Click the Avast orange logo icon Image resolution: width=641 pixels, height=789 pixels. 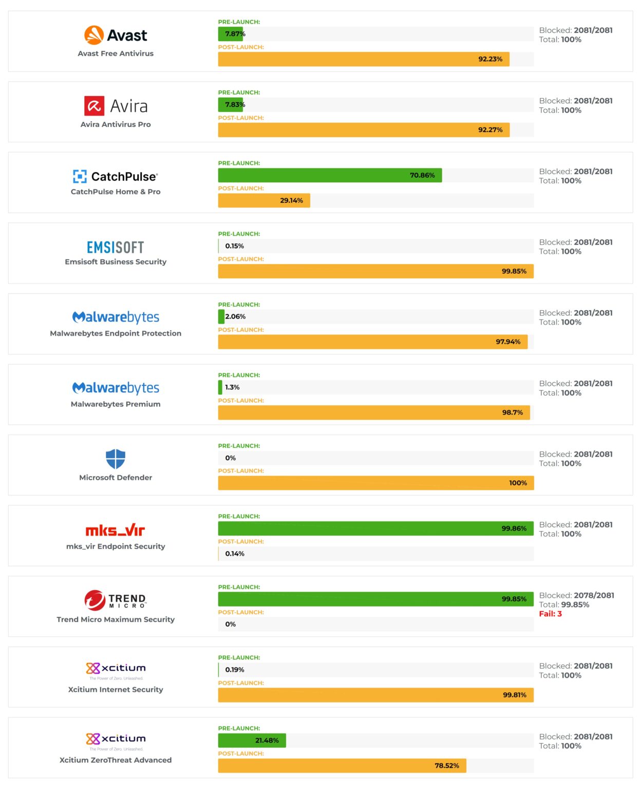point(94,35)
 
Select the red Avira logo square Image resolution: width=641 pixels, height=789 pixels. point(94,106)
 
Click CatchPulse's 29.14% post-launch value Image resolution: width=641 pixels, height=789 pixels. point(291,200)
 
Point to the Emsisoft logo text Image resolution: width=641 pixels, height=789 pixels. point(116,248)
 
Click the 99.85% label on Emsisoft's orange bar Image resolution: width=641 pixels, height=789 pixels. point(514,271)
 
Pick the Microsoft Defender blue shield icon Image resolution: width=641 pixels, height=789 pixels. point(116,459)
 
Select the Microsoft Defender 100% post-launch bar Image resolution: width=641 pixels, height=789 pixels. point(375,483)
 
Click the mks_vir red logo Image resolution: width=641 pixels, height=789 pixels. point(116,530)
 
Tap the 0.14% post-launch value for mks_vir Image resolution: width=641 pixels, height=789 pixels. point(235,554)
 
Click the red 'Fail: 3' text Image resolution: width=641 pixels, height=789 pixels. point(550,614)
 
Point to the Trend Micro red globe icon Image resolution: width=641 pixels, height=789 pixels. point(95,600)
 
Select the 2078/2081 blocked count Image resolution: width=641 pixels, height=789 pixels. point(594,595)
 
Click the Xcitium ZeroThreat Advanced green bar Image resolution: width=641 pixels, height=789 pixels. point(252,740)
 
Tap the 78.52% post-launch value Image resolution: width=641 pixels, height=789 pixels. point(447,765)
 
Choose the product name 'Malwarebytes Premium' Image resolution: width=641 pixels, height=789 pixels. point(116,404)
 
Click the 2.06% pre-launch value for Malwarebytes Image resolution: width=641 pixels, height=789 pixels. point(235,316)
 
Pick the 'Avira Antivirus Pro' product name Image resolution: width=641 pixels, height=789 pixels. point(116,124)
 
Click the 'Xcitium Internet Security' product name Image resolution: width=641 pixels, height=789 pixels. point(116,689)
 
